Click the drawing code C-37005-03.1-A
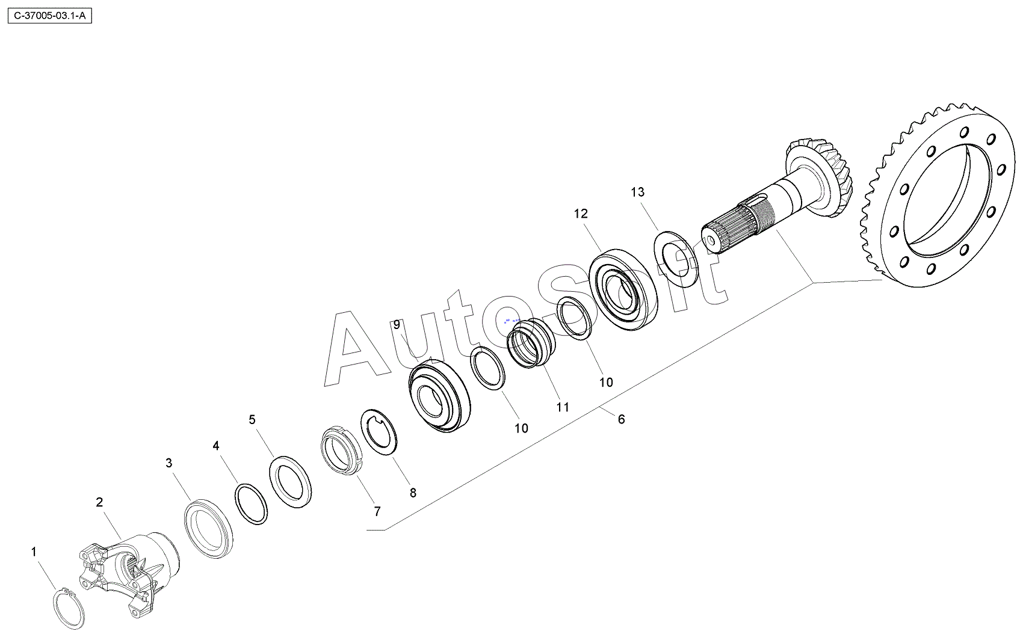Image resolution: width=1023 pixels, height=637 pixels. point(50,16)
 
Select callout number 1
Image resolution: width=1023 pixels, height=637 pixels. point(33,552)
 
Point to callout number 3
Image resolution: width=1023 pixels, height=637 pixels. point(169,463)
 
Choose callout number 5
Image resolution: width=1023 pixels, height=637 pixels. point(252,420)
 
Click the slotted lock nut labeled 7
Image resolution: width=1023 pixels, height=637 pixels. point(342,451)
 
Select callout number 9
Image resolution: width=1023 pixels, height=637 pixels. point(397,325)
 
